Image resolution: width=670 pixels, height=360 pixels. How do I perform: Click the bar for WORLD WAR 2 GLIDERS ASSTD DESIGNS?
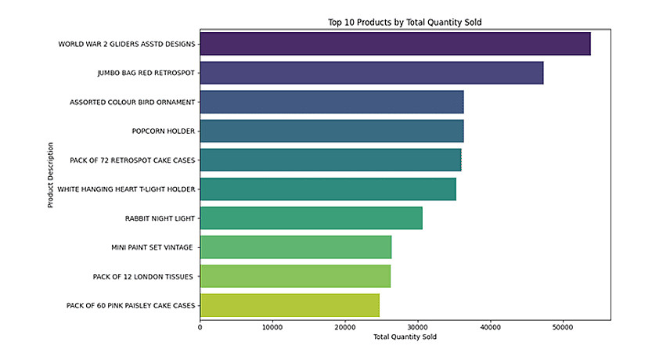395,44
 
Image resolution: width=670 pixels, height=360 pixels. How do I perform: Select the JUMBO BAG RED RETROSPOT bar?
372,73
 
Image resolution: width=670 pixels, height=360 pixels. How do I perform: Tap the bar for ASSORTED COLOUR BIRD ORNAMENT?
332,102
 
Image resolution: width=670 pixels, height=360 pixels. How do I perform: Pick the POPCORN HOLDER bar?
332,131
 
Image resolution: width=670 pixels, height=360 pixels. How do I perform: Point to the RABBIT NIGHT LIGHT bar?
312,218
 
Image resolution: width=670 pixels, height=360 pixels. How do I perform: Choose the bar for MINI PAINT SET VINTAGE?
296,247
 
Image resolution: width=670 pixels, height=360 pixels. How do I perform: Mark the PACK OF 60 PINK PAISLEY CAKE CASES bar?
290,305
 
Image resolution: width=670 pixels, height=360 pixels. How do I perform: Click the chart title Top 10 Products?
405,22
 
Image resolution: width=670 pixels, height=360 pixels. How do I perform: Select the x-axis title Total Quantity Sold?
405,337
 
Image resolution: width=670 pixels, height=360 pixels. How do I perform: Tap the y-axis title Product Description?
51,175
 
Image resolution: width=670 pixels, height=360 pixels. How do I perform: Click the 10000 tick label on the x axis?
272,327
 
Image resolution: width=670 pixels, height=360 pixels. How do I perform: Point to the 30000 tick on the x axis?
418,327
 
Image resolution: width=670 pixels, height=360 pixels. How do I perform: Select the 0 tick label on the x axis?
200,327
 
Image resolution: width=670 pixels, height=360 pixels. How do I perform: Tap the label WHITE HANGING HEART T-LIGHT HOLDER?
126,189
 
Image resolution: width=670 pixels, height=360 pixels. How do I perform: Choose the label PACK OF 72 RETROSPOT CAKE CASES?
132,160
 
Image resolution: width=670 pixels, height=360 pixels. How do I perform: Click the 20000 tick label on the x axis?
345,327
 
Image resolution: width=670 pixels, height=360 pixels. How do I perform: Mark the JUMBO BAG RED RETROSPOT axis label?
146,73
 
